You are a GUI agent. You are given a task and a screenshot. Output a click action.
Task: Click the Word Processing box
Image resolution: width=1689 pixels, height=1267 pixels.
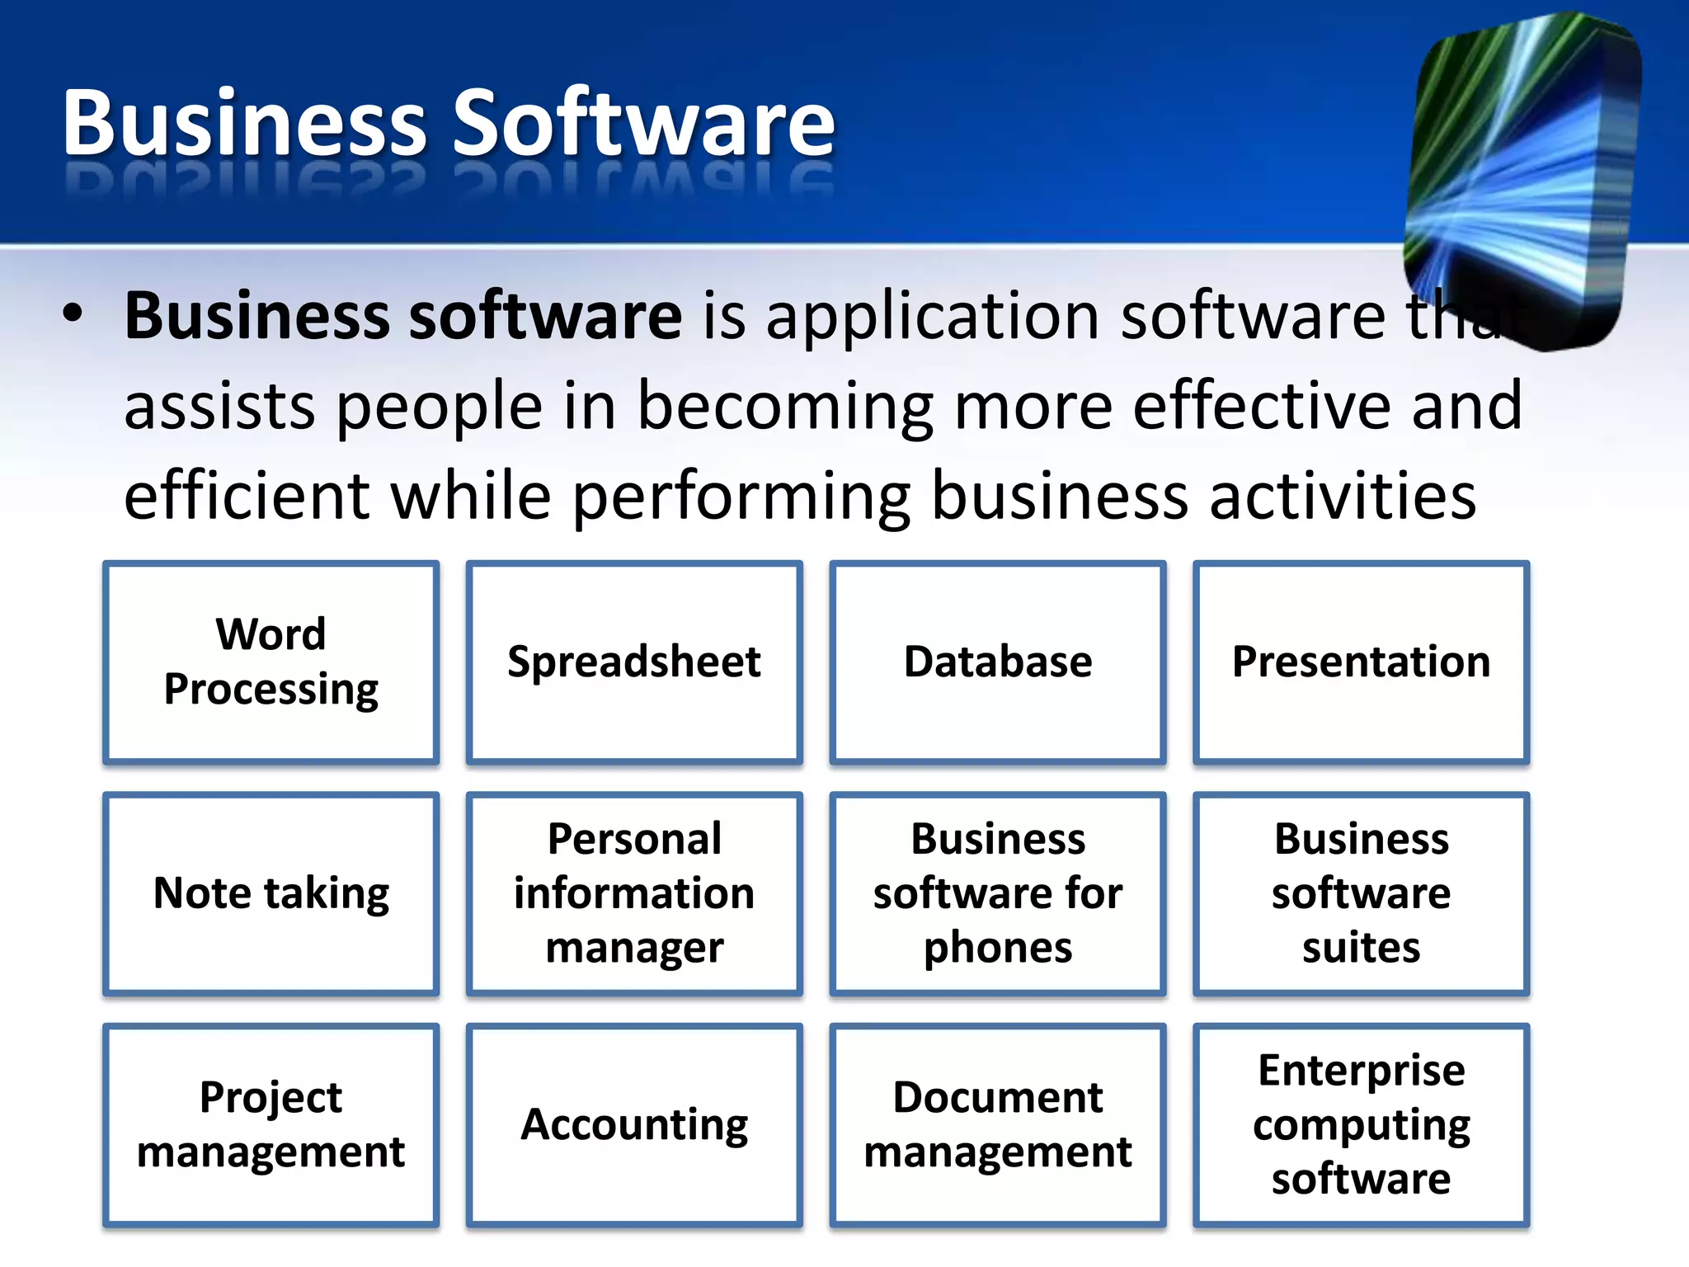click(x=271, y=662)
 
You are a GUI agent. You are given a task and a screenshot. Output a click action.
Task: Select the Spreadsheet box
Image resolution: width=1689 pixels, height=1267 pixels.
click(x=634, y=662)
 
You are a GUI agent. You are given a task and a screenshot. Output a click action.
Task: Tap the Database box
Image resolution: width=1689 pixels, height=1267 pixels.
click(x=998, y=662)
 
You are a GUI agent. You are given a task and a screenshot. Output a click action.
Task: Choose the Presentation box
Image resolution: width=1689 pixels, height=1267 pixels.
click(x=1361, y=662)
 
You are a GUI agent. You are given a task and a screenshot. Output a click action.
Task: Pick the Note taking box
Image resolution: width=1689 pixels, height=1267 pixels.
click(x=271, y=893)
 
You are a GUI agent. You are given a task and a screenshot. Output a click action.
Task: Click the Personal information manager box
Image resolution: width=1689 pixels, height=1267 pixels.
click(x=634, y=893)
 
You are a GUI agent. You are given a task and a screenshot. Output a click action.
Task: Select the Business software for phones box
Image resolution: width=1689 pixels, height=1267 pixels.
click(x=998, y=893)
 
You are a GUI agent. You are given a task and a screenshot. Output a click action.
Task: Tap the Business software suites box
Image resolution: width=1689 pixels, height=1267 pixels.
click(x=1361, y=893)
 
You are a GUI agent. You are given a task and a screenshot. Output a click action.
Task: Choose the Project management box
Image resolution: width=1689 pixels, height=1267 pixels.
click(x=271, y=1124)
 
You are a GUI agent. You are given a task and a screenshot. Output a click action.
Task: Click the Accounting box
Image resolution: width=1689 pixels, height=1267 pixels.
click(x=634, y=1124)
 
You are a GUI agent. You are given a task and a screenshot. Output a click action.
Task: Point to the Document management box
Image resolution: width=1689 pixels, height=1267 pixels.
click(x=998, y=1124)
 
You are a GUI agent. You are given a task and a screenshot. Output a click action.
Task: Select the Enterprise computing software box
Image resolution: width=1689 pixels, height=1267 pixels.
click(x=1361, y=1124)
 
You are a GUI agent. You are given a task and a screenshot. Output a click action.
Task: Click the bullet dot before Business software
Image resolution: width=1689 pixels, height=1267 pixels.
click(x=73, y=314)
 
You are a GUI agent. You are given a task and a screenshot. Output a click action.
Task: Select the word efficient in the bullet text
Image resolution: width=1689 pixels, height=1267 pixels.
click(x=247, y=497)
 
